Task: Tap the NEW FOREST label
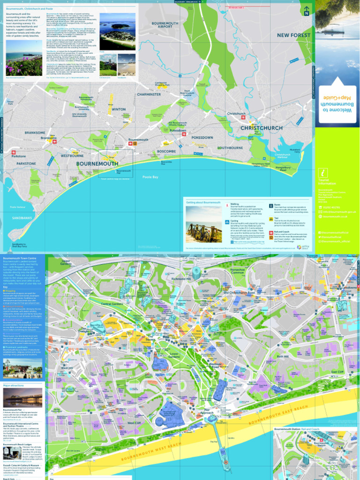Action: (293, 35)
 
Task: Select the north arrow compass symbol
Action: (306, 11)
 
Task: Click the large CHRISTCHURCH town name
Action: (262, 128)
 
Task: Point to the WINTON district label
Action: (119, 109)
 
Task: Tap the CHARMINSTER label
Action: (149, 94)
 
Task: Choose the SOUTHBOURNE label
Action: (230, 148)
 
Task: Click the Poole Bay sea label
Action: (150, 177)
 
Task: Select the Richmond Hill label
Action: (181, 278)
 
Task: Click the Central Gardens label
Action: (112, 304)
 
